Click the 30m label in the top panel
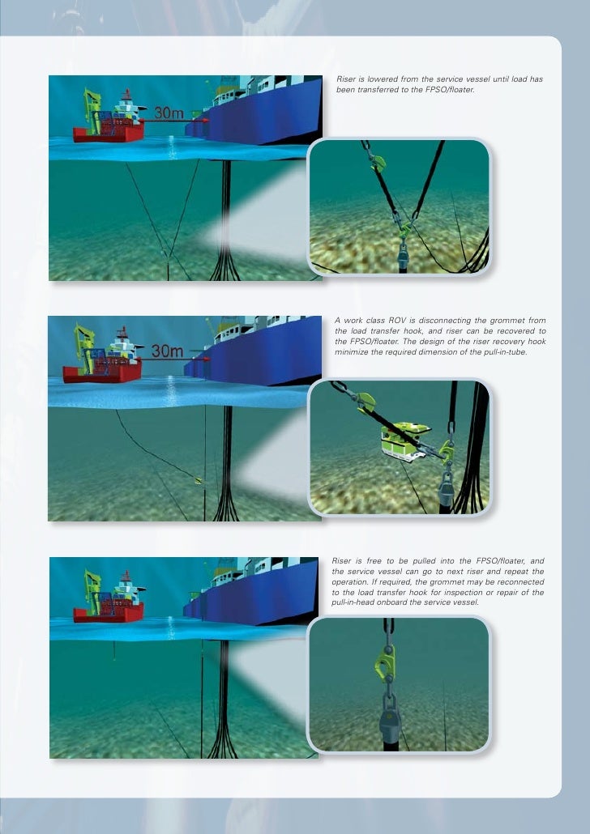[x=169, y=113]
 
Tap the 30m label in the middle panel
[x=168, y=351]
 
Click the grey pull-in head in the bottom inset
[x=390, y=716]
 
